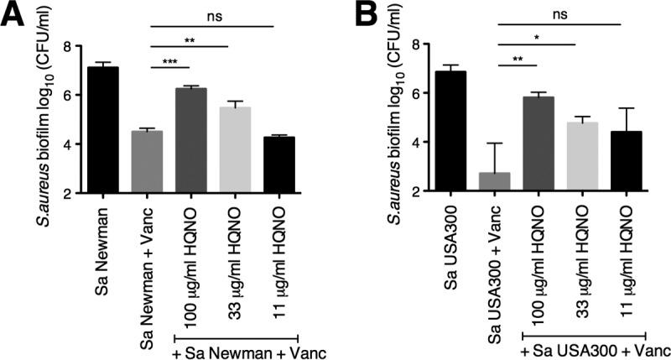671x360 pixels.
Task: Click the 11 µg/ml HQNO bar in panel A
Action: (x=283, y=164)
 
